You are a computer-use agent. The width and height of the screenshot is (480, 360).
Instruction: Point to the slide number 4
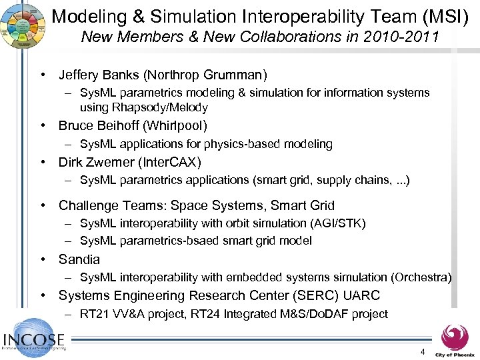coord(421,351)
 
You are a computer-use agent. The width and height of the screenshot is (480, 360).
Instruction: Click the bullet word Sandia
coord(79,259)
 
